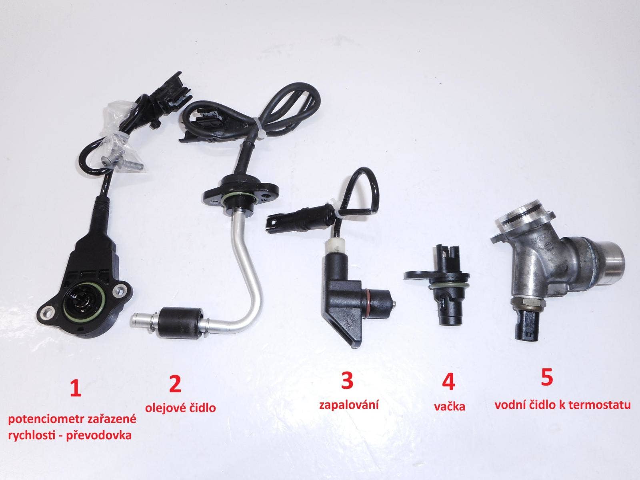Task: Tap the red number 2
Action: (175, 384)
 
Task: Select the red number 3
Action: (347, 381)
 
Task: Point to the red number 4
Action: (448, 382)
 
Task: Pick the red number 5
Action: (547, 378)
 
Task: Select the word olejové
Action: (164, 408)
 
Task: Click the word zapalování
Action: (349, 405)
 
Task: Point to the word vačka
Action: (449, 406)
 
